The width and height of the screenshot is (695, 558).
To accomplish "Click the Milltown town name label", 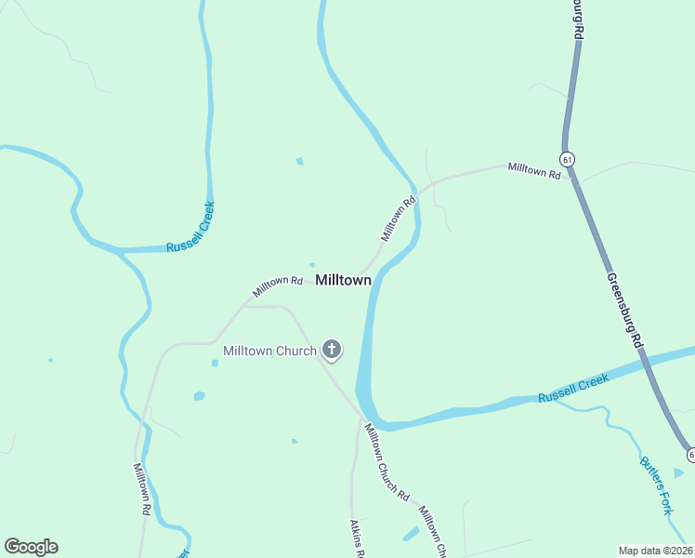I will pos(344,280).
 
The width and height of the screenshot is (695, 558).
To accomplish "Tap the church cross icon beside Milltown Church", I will pos(331,351).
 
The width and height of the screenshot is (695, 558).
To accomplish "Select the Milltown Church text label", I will pos(269,351).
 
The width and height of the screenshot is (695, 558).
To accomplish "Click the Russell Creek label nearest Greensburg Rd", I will pos(573,388).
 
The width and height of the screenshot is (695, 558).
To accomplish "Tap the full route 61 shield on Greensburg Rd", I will pos(568,159).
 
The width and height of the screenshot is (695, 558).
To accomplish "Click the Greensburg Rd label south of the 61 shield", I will pos(624,310).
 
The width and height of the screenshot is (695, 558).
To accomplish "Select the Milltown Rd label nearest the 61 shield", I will pos(534,171).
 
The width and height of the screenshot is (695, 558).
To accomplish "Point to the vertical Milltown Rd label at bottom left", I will pos(140,489).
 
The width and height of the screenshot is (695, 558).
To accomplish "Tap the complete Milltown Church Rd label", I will pos(386,462).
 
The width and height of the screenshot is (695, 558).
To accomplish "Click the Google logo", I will pos(31,547).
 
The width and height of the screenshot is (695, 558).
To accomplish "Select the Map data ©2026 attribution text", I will pos(655,551).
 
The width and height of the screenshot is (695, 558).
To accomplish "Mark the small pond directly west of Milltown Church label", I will pos(215,363).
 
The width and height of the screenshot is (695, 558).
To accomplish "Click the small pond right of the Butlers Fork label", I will pos(679,472).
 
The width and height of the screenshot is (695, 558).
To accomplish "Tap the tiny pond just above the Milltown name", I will pos(311,264).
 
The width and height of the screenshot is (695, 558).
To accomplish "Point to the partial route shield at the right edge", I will pos(690,454).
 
